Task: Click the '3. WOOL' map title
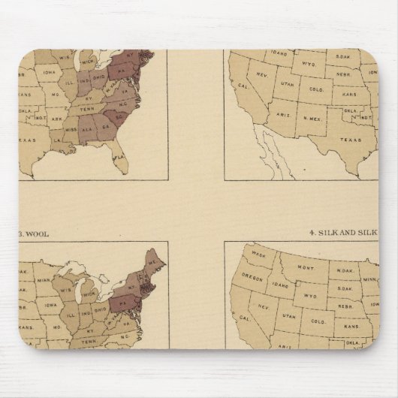[x=35, y=234]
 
